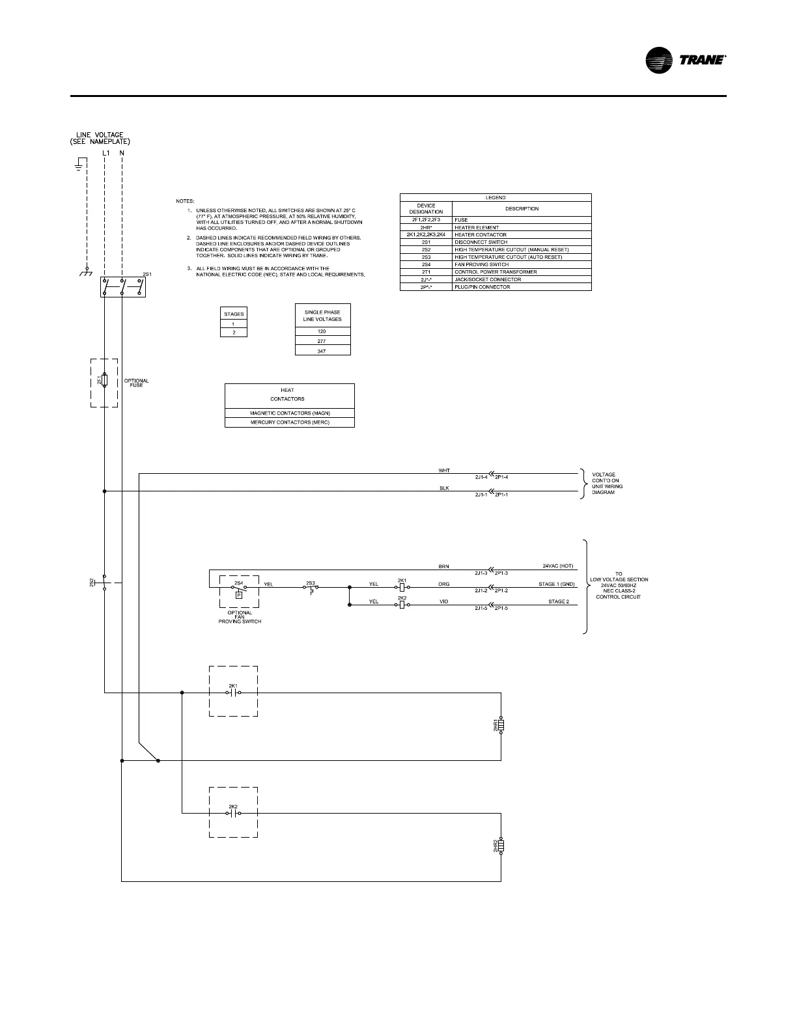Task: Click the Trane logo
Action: (685, 60)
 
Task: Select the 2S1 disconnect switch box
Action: (122, 287)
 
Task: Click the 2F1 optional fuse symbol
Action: (104, 381)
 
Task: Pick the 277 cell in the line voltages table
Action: (323, 340)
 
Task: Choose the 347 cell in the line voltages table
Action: (323, 351)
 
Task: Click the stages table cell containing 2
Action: (234, 332)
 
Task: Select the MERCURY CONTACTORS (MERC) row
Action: (290, 422)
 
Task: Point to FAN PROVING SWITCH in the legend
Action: (482, 264)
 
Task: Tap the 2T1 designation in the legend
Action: (426, 272)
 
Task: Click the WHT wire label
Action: (445, 470)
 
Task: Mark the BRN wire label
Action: (445, 567)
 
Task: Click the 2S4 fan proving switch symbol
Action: (239, 588)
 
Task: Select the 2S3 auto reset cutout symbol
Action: (311, 588)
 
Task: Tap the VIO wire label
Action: (445, 601)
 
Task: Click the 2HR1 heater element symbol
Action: (501, 725)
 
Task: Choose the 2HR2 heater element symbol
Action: (501, 845)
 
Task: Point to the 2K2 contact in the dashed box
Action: (233, 813)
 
